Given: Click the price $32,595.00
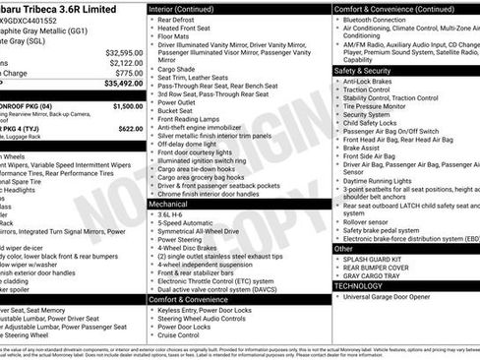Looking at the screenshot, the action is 123,51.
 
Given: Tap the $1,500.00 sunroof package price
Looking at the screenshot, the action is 127,105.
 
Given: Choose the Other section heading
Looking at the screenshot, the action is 344,249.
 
